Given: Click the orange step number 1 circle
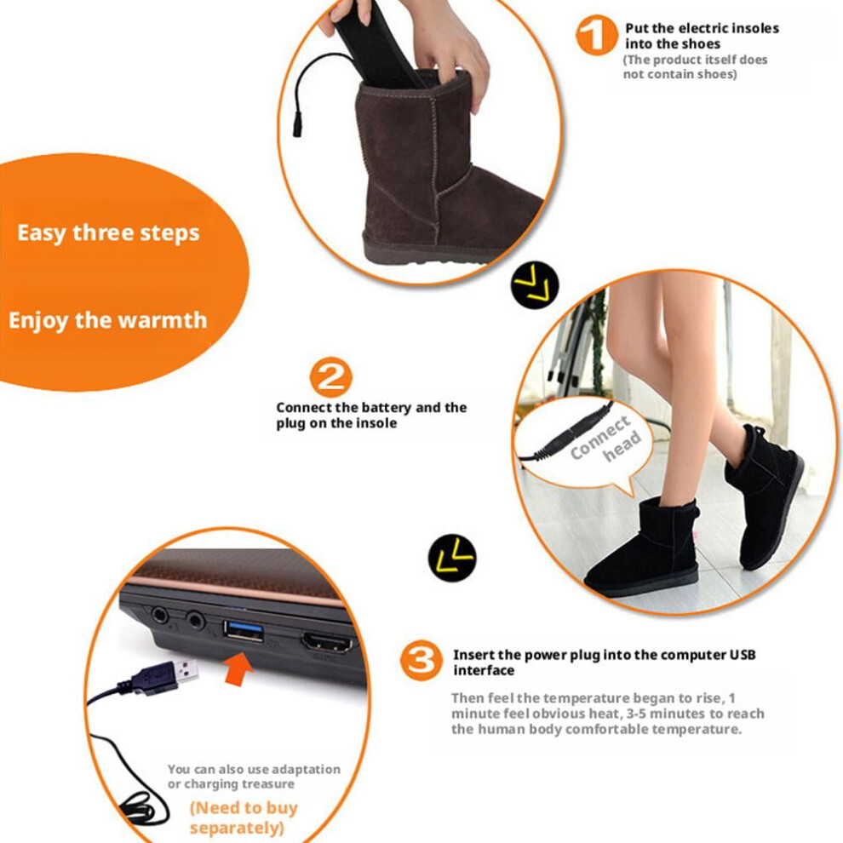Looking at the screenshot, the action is [597, 35].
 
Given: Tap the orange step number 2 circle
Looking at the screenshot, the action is [330, 377].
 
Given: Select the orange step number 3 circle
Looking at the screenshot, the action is [421, 660].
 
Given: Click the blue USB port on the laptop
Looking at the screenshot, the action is [244, 631].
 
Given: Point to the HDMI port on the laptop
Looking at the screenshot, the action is [328, 643].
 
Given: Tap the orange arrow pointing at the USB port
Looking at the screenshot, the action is [238, 668].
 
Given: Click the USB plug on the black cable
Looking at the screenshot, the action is [164, 675].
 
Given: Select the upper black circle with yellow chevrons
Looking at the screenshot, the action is [535, 285].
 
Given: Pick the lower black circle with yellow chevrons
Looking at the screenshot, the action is [452, 558].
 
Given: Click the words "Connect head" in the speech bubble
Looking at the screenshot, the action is [606, 439].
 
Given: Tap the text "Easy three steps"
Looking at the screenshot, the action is [109, 233].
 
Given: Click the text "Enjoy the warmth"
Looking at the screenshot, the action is [108, 320].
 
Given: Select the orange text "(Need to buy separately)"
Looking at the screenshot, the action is [243, 817].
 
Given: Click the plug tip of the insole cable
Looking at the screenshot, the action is [297, 129].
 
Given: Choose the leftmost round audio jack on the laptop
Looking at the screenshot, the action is [160, 615].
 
